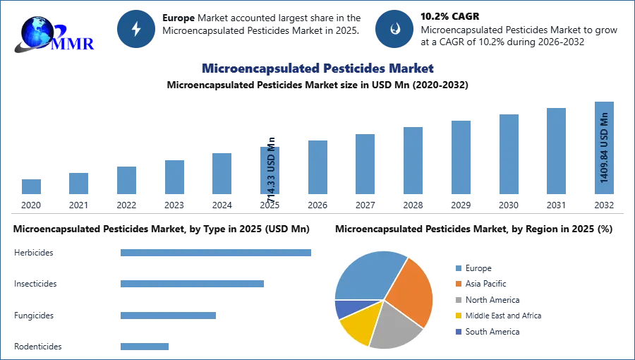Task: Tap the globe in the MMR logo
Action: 37,31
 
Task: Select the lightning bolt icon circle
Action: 137,29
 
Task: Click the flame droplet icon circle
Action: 394,29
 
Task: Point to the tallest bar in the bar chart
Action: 603,150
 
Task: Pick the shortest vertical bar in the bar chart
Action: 31,186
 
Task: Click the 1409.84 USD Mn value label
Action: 604,148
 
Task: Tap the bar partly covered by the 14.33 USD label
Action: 271,172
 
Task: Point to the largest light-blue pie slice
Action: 367,275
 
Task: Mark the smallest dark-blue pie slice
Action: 344,308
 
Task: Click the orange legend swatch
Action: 458,283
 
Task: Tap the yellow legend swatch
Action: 458,316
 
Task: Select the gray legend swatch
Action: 458,299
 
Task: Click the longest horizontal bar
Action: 217,253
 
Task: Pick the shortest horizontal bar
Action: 144,344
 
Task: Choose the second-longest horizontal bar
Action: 191,282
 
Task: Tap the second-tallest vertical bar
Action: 555,152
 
